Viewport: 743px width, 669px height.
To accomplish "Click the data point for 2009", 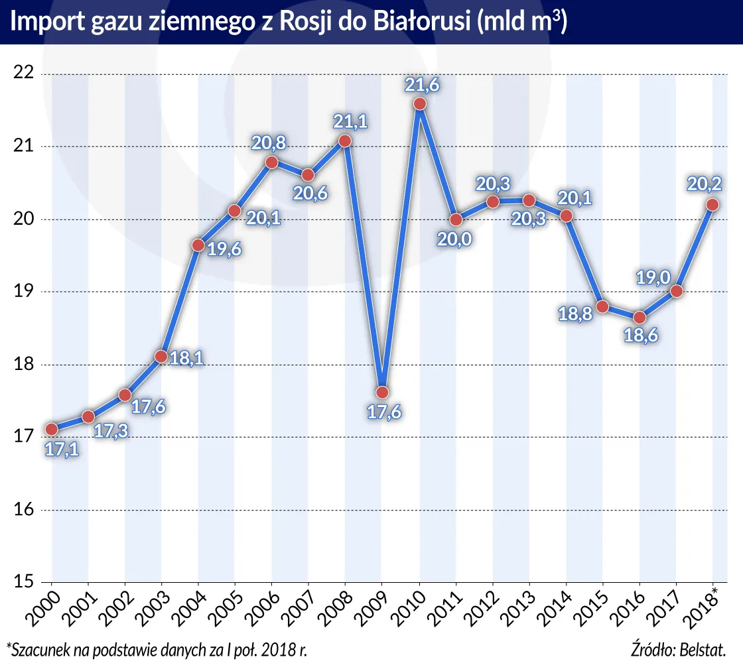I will [382, 393].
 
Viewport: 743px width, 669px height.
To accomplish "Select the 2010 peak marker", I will [419, 104].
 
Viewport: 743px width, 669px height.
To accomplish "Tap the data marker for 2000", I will [52, 429].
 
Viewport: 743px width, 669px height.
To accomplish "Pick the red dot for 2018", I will [712, 205].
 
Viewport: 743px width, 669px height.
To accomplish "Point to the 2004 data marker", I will [198, 245].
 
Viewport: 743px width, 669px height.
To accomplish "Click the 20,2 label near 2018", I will [711, 185].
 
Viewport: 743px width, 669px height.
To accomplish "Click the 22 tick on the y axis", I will [23, 74].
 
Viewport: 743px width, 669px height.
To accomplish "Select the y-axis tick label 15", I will [23, 582].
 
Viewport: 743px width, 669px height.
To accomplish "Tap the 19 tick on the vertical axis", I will [23, 292].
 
